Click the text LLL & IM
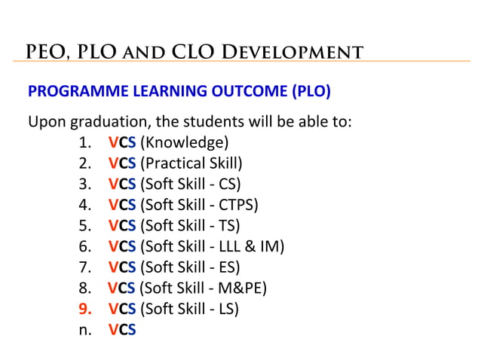(x=247, y=245)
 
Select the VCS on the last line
(x=121, y=328)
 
